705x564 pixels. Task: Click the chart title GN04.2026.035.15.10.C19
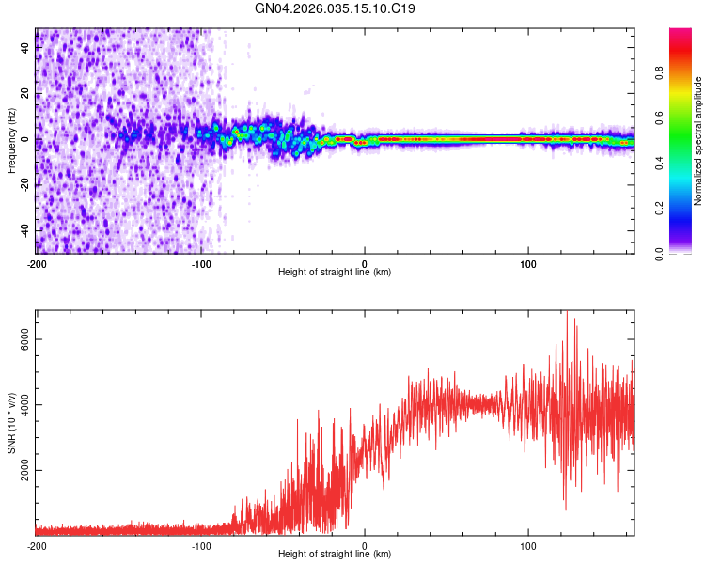[x=336, y=9]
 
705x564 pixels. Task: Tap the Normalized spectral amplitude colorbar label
[x=697, y=141]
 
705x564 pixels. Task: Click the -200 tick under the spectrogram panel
[x=37, y=263]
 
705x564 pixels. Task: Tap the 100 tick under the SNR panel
[x=528, y=545]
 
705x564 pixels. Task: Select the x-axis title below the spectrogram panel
[x=336, y=273]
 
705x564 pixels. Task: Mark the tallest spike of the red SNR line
[x=567, y=314]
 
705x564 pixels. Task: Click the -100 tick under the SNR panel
[x=200, y=545]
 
